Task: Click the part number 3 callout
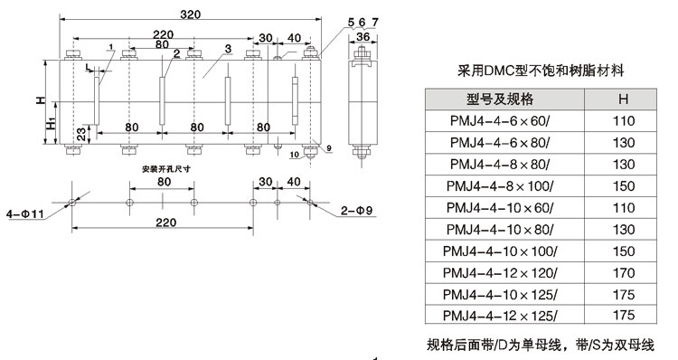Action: [228, 49]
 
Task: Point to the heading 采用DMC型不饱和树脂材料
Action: [540, 70]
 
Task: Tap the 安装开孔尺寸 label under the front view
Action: [165, 168]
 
